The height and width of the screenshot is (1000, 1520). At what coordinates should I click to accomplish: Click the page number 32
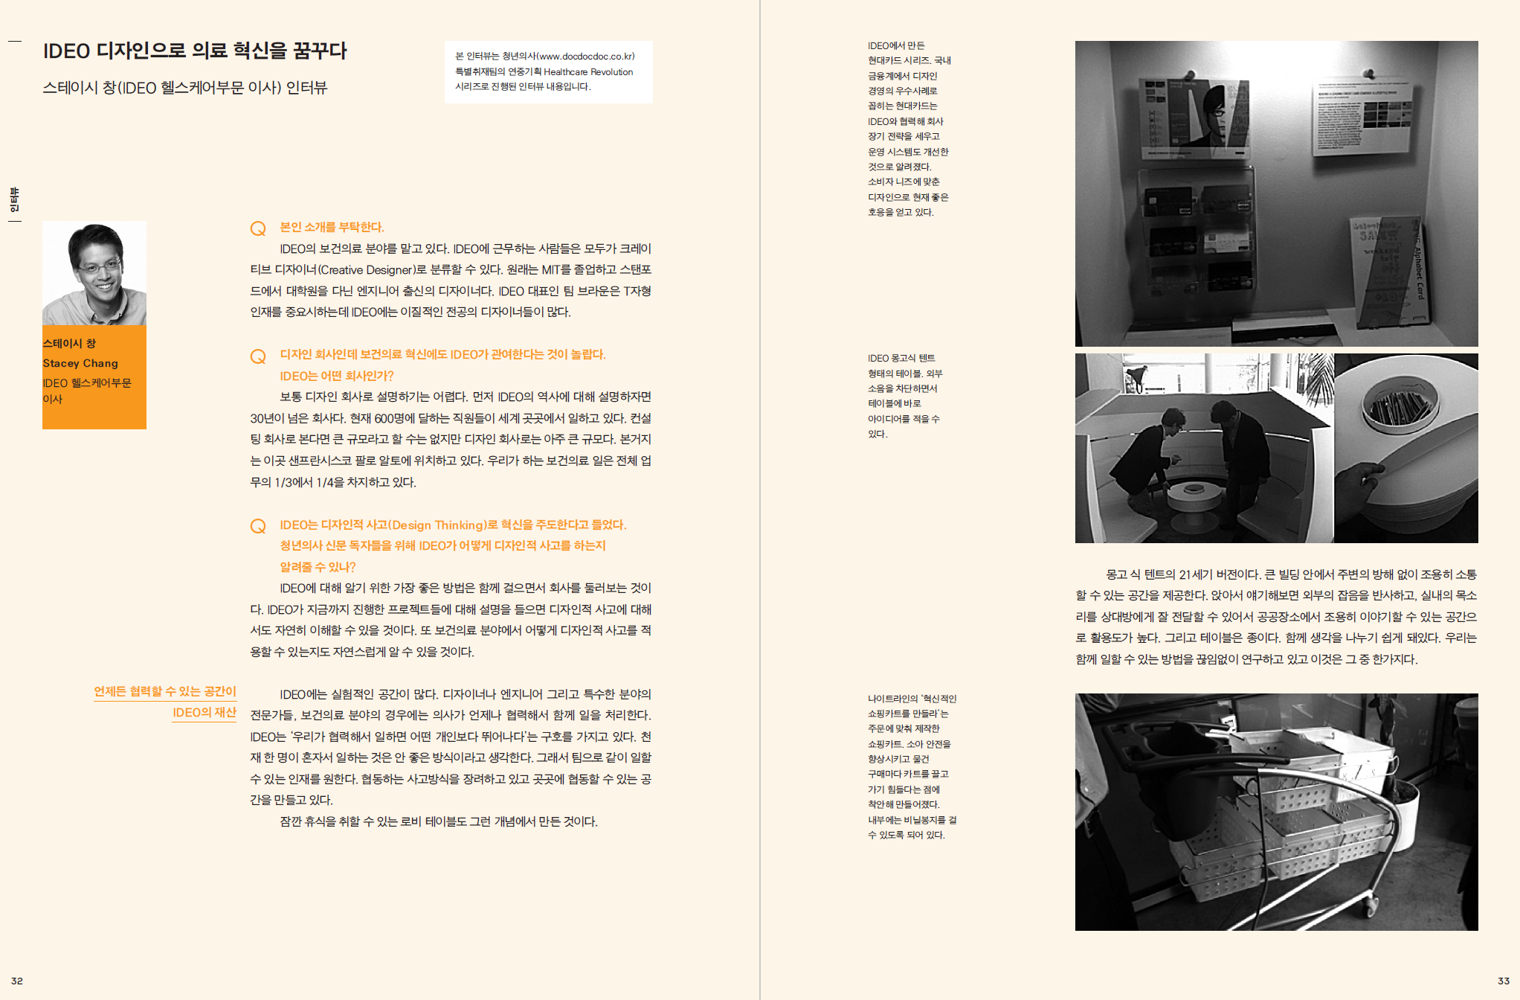17,981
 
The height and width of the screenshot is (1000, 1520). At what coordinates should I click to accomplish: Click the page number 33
1503,981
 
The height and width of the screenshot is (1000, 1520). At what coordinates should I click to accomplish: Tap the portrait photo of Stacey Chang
94,273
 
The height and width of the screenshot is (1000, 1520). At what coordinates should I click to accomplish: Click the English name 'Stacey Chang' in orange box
80,363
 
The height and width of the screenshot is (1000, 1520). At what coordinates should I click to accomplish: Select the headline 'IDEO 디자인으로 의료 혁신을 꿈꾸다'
195,51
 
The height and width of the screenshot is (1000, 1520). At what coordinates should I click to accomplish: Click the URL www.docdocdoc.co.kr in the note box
586,57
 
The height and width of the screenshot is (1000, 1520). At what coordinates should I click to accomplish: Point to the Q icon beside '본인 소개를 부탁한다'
258,228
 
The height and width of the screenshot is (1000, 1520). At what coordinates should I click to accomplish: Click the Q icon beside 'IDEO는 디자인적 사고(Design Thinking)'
258,526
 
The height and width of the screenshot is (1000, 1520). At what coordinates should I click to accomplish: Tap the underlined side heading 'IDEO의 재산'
205,713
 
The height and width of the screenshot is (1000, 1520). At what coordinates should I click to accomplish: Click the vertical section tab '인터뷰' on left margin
14,199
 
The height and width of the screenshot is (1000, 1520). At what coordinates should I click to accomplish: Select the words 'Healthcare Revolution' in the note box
588,72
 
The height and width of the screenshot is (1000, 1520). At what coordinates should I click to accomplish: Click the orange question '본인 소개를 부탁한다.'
332,227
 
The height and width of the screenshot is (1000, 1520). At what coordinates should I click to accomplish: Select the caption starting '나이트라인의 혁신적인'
912,766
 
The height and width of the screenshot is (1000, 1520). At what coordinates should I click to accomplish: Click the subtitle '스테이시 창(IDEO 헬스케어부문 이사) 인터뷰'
185,88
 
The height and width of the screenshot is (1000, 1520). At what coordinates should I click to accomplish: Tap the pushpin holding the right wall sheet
1368,74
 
